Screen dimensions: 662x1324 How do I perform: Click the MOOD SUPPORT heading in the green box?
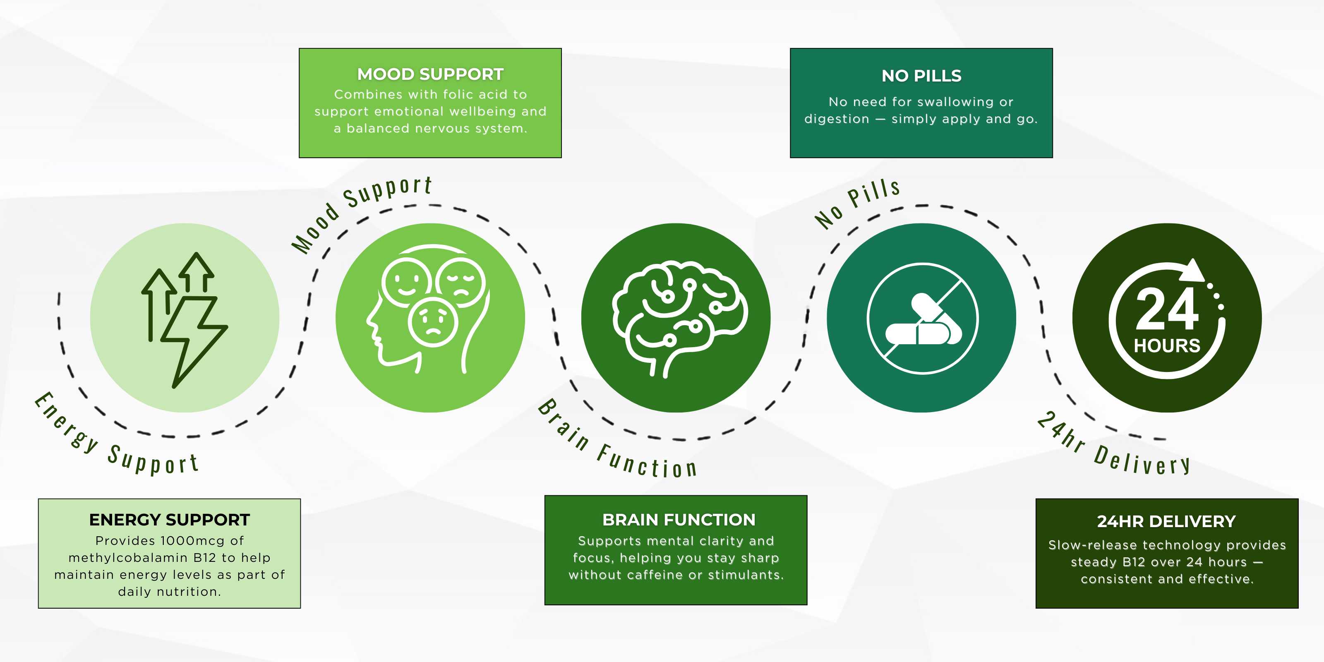430,74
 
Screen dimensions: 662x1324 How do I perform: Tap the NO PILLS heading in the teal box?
921,76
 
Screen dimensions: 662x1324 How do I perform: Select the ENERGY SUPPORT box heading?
169,520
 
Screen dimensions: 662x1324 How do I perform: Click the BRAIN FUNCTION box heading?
679,520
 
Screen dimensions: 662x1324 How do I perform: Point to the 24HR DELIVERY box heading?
1166,521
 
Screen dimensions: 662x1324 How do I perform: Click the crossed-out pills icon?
923,319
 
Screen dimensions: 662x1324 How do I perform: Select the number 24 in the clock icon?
1167,309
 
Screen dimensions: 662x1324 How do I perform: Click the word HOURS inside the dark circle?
1167,346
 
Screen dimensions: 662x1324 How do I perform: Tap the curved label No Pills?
857,203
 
